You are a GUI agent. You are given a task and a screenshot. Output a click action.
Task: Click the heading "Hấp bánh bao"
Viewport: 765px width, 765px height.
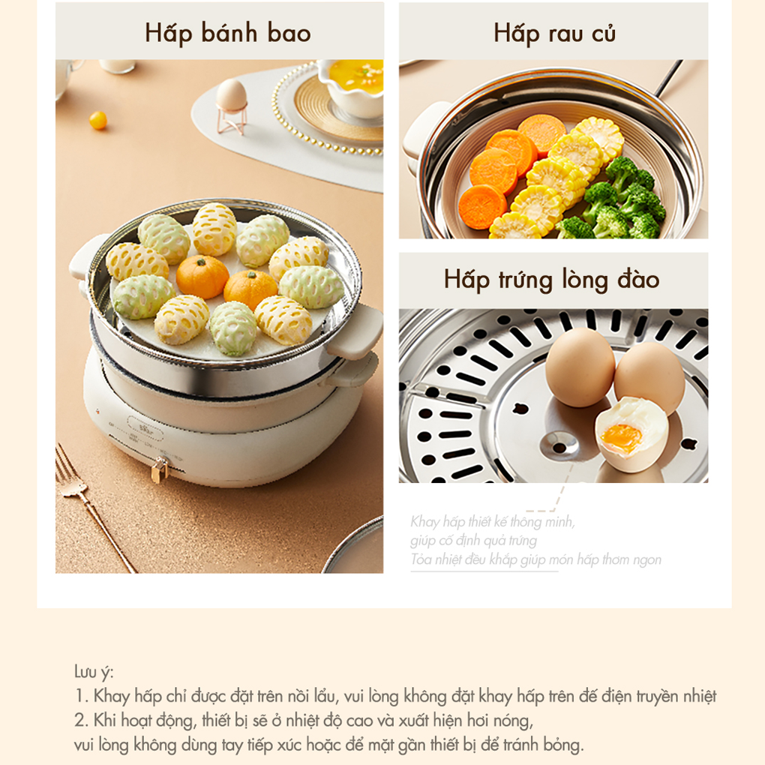pos(228,33)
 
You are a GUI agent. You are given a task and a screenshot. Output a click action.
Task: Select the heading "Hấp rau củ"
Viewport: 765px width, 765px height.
pos(554,33)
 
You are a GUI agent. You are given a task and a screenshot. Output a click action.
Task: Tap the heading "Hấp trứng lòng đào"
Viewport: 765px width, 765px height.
pos(552,280)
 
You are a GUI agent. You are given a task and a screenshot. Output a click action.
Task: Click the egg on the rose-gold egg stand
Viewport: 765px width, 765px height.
pos(231,95)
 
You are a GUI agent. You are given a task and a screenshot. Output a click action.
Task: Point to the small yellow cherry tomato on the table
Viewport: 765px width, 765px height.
pos(98,120)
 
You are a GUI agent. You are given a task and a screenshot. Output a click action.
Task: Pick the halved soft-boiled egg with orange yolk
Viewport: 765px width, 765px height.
pos(631,433)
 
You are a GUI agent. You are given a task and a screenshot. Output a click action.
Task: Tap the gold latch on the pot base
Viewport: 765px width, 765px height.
pos(160,469)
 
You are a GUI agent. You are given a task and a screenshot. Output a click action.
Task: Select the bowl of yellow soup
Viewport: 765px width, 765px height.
pos(350,88)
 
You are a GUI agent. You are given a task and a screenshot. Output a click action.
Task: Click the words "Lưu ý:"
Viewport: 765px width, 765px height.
pos(94,672)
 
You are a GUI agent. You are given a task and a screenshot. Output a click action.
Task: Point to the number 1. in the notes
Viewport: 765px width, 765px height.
pos(82,696)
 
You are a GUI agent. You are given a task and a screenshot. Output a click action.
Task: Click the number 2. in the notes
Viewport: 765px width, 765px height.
pos(82,721)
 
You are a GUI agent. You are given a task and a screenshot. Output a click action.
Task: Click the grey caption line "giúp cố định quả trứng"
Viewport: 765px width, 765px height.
pos(474,541)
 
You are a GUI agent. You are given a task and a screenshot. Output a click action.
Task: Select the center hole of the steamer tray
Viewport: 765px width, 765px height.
pos(559,446)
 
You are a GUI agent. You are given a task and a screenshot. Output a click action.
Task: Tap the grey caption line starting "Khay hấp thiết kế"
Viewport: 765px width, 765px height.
pos(493,522)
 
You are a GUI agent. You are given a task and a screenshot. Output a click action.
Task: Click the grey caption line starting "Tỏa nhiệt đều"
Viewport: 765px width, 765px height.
pos(535,559)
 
